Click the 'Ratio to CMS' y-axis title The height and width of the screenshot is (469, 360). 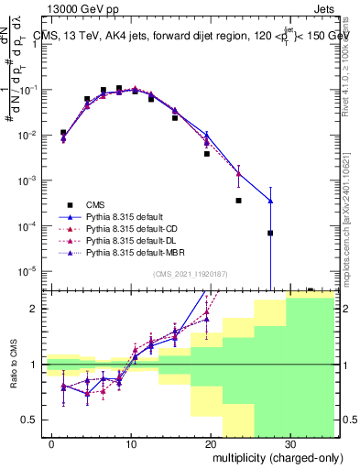click(x=15, y=364)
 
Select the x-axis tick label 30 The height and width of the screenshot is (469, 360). click(x=289, y=443)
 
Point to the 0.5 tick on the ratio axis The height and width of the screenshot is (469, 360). click(x=31, y=420)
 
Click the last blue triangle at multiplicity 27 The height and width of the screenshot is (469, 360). click(x=270, y=201)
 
